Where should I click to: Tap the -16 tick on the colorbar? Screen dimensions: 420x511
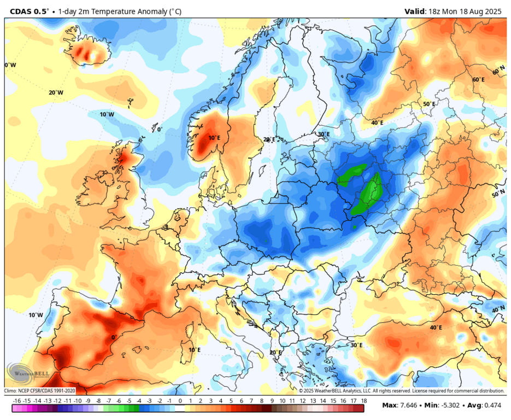tap(17, 401)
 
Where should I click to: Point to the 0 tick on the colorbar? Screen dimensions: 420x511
tap(180, 401)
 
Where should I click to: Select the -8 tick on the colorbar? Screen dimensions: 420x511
tap(98, 401)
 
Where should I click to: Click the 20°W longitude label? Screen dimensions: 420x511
tap(56, 93)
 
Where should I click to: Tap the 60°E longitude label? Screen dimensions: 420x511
tap(478, 80)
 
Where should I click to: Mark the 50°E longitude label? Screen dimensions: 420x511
tap(429, 104)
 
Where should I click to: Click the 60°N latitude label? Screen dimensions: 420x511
tap(498, 72)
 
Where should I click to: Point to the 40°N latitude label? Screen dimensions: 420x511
tap(498, 310)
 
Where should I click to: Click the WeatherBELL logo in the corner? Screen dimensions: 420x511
tap(25, 375)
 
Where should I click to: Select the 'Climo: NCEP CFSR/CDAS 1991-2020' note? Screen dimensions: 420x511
tap(39, 390)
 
